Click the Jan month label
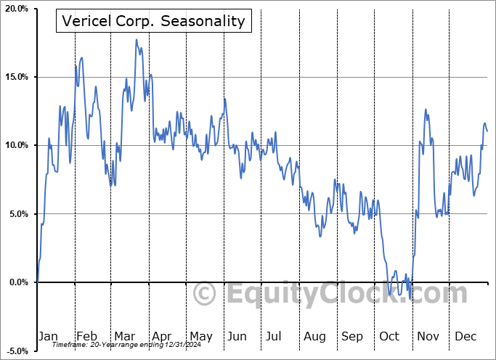tap(47, 336)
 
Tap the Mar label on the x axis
tap(123, 336)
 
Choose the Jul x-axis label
tap(275, 336)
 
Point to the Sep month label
tap(352, 336)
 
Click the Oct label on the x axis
tap(389, 336)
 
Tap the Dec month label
tap(466, 336)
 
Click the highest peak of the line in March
tap(136, 40)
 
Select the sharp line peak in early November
tap(426, 110)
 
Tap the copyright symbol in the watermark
tap(206, 294)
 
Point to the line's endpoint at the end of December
tap(487, 131)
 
